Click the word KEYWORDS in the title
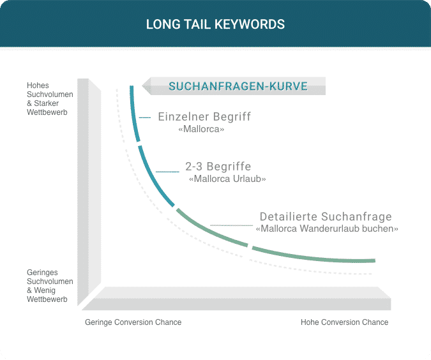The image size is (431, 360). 250,24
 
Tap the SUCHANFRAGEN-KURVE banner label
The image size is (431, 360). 238,86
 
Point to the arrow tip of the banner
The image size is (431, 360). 142,86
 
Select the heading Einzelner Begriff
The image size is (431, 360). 204,117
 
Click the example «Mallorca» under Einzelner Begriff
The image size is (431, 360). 201,129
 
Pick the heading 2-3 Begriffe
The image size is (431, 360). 218,167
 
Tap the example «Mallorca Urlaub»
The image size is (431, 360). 227,179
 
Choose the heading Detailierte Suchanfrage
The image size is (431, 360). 326,216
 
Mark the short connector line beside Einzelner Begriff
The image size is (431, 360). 145,117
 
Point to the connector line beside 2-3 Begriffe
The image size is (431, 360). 167,172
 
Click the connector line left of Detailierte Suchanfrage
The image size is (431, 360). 231,225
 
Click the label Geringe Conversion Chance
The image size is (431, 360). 133,322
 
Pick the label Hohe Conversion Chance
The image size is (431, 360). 344,322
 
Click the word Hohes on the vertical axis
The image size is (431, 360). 38,86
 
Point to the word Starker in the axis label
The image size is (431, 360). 46,103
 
